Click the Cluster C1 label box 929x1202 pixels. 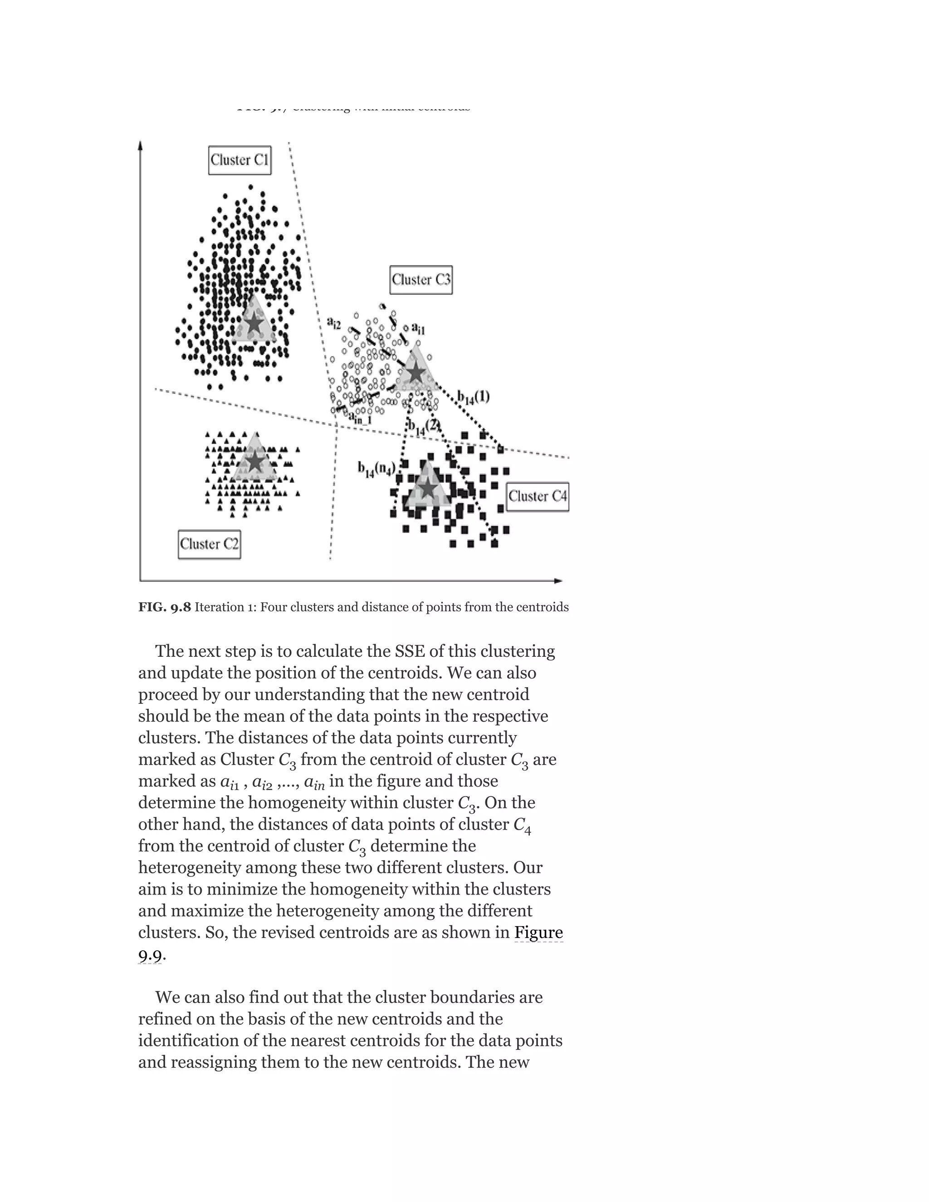pyautogui.click(x=240, y=160)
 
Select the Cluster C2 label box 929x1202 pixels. pyautogui.click(x=209, y=544)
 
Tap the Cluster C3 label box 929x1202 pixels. pyautogui.click(x=421, y=279)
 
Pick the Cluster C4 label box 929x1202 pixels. pyautogui.click(x=537, y=496)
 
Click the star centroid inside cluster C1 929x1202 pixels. pyautogui.click(x=254, y=323)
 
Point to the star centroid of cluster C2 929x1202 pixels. pyautogui.click(x=255, y=461)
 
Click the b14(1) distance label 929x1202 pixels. pyautogui.click(x=473, y=397)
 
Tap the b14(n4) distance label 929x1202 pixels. pyautogui.click(x=376, y=469)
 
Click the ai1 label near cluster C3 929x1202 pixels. pyautogui.click(x=418, y=329)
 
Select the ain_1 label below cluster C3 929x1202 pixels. pyautogui.click(x=361, y=418)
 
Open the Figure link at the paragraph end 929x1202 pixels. pyautogui.click(x=538, y=932)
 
